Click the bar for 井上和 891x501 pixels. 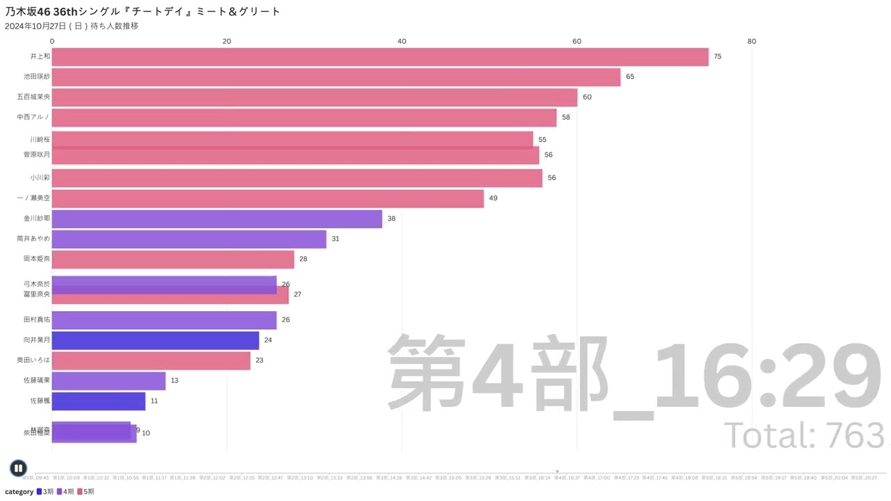click(x=380, y=56)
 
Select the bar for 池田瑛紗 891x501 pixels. click(x=336, y=77)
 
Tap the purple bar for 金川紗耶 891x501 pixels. click(x=216, y=218)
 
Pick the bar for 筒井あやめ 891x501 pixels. click(x=189, y=239)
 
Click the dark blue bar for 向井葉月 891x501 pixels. click(x=155, y=340)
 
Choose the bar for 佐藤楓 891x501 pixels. click(x=98, y=401)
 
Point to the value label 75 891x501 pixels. click(x=718, y=56)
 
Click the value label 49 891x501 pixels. click(x=493, y=198)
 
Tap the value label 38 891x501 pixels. click(x=391, y=218)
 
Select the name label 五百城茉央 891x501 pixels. click(x=33, y=97)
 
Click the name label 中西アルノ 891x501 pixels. click(x=33, y=117)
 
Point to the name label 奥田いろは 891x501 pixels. click(x=33, y=360)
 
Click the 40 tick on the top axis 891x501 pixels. click(x=402, y=42)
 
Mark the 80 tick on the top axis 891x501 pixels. click(x=752, y=42)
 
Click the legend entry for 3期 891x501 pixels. click(x=44, y=492)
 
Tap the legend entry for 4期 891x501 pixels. click(x=65, y=492)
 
